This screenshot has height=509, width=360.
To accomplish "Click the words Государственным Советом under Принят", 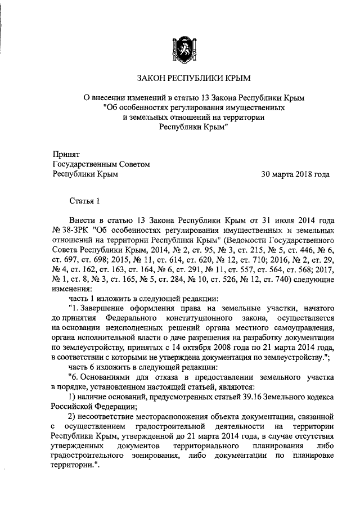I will point(101,164).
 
